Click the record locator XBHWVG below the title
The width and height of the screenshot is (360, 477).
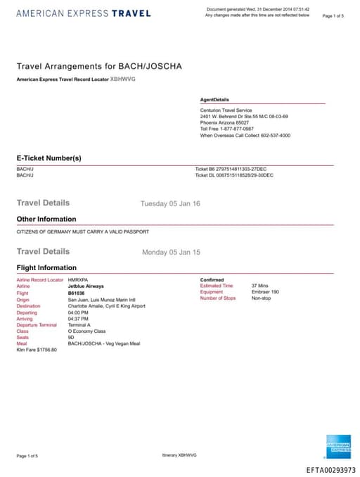[x=123, y=79]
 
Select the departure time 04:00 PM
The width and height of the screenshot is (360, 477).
[x=78, y=312]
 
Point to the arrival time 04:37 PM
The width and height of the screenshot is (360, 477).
[x=78, y=319]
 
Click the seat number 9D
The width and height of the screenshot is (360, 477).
[x=71, y=336]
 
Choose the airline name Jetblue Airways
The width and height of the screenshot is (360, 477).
[x=86, y=286]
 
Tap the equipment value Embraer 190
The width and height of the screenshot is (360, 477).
[x=264, y=292]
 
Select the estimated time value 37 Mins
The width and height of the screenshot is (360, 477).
[x=259, y=286]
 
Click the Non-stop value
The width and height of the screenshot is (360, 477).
[x=261, y=298]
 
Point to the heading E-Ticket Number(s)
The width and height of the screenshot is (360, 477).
[x=49, y=158]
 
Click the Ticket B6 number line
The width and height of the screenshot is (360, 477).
[x=233, y=169]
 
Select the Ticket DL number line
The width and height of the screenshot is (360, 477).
[x=233, y=175]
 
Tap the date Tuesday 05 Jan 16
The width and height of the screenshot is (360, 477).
[x=170, y=203]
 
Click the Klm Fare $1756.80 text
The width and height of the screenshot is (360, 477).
[x=37, y=349]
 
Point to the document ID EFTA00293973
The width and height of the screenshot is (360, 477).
[x=330, y=470]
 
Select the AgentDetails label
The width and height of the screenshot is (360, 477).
[x=214, y=100]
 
